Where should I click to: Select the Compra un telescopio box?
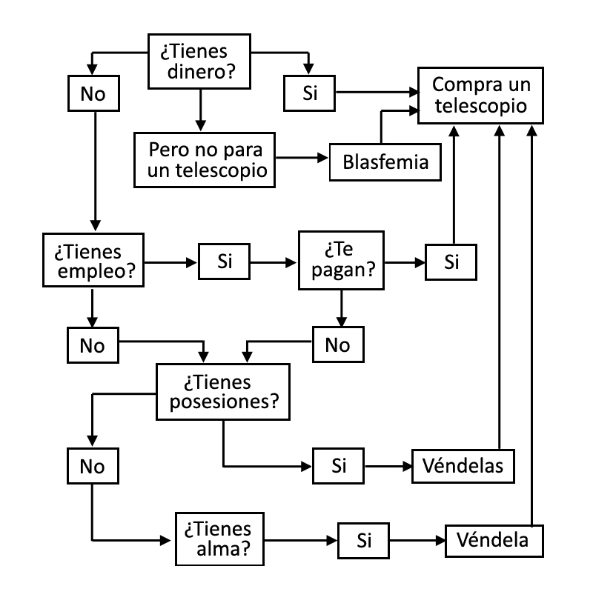click(480, 95)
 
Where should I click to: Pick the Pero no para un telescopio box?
click(203, 160)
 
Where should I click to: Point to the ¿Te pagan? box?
click(341, 262)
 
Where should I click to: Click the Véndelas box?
click(463, 466)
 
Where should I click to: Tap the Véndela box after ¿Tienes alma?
click(492, 540)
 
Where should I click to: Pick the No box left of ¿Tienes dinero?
click(93, 93)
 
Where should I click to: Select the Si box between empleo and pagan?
click(224, 262)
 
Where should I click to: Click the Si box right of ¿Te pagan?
click(450, 262)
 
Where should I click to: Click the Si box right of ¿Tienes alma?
click(363, 540)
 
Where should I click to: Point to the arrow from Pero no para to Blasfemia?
click(299, 158)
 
